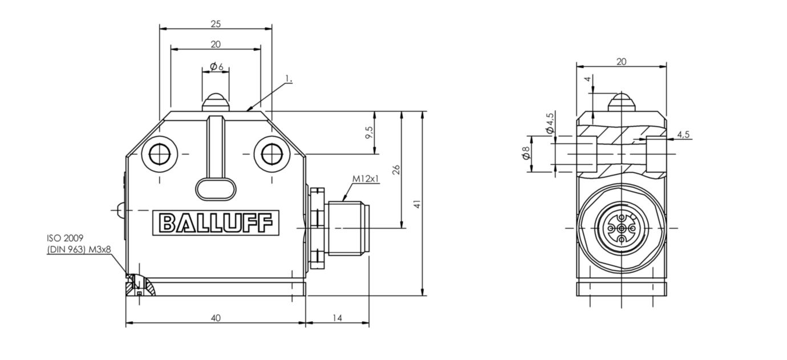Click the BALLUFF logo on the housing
pos(216,223)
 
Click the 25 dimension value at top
pos(216,24)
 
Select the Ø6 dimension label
pos(216,67)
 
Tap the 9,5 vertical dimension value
pos(369,132)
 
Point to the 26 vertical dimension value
pos(396,169)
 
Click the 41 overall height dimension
pos(417,204)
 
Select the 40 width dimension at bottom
pos(216,318)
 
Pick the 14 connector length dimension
pos(337,318)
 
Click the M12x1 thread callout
pos(365,179)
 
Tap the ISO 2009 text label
pos(65,237)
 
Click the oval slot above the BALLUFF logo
pos(216,189)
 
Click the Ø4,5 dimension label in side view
pos(550,123)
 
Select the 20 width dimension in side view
pos(621,61)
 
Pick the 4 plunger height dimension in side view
pos(587,79)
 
